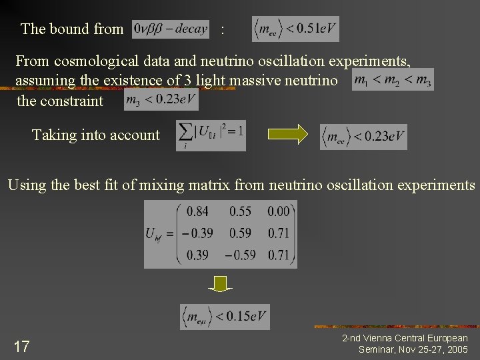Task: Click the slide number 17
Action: click(21, 346)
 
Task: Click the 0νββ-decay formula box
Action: click(171, 29)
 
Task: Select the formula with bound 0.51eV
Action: click(295, 29)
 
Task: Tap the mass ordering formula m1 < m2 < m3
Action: click(393, 80)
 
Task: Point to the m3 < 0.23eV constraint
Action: click(161, 100)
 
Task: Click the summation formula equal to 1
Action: click(211, 135)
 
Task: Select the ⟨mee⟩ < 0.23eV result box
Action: click(363, 137)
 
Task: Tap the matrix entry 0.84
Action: click(197, 211)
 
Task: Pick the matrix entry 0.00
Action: click(278, 211)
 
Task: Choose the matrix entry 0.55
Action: click(240, 211)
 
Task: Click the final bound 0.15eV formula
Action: click(225, 316)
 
